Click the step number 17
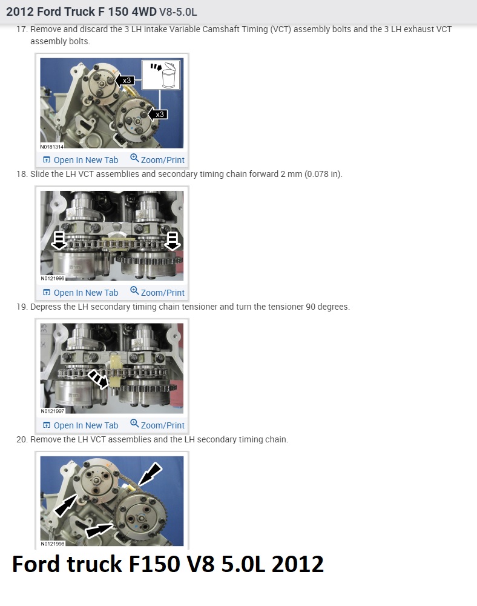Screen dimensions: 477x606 [22, 29]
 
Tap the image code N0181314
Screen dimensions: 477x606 [51, 147]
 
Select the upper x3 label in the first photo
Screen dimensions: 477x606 [127, 81]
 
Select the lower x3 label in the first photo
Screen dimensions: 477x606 [160, 115]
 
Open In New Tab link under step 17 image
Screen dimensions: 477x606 [81, 160]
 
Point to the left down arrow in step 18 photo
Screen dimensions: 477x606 [59, 241]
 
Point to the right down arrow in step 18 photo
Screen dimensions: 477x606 [173, 241]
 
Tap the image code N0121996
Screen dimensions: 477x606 [53, 278]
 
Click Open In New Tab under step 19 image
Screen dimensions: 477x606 [81, 425]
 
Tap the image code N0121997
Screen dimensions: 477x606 [53, 411]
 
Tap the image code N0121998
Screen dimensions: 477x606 [53, 544]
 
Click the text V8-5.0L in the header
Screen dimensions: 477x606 [178, 12]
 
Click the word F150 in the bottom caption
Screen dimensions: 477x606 [154, 564]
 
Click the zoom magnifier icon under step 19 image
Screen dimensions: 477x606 [134, 423]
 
